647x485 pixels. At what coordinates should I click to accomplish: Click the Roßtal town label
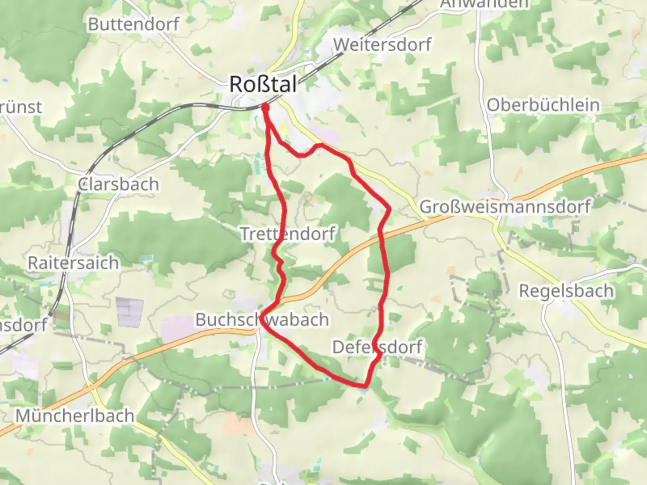pos(263,84)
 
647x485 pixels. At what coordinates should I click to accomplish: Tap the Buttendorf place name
pos(133,24)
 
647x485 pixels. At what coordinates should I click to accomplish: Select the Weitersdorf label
pos(382,44)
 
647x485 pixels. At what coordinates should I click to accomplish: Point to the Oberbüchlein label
pos(543,105)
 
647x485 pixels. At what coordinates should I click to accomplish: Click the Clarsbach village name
pos(118,185)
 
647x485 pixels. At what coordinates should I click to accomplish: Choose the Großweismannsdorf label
pos(505,207)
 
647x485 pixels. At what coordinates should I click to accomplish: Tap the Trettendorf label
pos(288,234)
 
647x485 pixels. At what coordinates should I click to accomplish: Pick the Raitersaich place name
pos(73,263)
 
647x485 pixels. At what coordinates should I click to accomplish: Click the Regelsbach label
pos(566,291)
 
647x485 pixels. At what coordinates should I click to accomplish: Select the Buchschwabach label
pos(262,320)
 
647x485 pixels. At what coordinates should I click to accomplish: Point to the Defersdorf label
pos(377,347)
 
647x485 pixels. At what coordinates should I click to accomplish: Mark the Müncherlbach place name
pos(75,416)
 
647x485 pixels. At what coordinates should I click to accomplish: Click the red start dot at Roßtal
pos(265,107)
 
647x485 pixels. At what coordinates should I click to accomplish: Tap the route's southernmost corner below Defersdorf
pos(364,385)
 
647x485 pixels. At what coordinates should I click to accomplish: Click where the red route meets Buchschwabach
pos(262,314)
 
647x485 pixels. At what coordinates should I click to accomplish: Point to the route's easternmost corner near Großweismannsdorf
pos(389,208)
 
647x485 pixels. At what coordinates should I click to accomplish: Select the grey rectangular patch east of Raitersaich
pos(130,312)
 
